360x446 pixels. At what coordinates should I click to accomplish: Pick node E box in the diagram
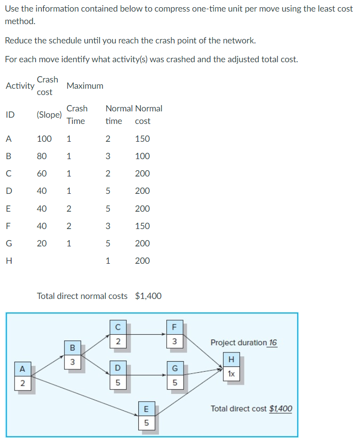[x=147, y=416]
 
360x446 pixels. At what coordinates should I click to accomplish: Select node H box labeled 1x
[x=232, y=367]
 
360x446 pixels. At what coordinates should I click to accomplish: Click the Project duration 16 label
[x=244, y=343]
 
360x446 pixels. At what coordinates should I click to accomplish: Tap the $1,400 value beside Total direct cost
[x=280, y=408]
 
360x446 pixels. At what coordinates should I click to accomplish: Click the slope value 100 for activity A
[x=44, y=139]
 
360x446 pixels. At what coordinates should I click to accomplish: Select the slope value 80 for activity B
[x=42, y=156]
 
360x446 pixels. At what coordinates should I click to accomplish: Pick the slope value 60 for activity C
[x=42, y=174]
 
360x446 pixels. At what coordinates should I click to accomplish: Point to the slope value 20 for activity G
[x=42, y=243]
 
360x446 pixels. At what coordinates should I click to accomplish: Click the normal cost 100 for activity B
[x=142, y=156]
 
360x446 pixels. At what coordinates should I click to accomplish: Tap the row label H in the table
[x=9, y=261]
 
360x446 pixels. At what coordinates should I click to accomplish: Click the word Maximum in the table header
[x=85, y=86]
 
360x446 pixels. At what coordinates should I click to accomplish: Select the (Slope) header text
[x=49, y=115]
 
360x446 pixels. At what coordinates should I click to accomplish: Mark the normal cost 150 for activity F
[x=142, y=226]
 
